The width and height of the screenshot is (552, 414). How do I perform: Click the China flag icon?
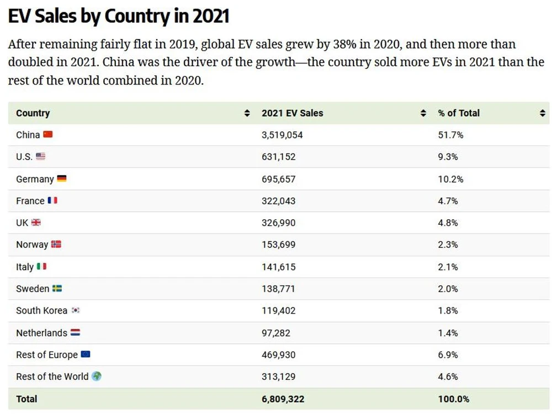48,135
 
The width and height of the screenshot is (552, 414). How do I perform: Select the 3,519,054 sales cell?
282,135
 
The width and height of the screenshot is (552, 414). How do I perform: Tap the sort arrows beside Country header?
247,113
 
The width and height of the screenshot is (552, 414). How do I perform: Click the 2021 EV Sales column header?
292,113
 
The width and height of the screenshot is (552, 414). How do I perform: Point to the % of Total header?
459,113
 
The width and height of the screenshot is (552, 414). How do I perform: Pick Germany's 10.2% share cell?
450,179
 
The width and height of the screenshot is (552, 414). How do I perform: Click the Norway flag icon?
56,245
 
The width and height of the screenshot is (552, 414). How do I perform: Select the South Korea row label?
41,311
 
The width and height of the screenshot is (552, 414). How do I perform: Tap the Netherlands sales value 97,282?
275,333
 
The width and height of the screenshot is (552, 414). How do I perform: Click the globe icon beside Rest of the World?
97,376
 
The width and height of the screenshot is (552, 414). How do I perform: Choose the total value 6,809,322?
283,399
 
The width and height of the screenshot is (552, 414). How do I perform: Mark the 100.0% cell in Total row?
454,399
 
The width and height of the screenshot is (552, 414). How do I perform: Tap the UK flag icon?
36,223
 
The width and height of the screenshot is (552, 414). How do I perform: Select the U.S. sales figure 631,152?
278,157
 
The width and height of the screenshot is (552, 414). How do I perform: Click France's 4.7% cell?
448,201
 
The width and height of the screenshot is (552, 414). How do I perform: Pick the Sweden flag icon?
57,289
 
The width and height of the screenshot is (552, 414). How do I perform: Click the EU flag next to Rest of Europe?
85,354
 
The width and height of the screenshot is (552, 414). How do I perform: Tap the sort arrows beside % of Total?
543,113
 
